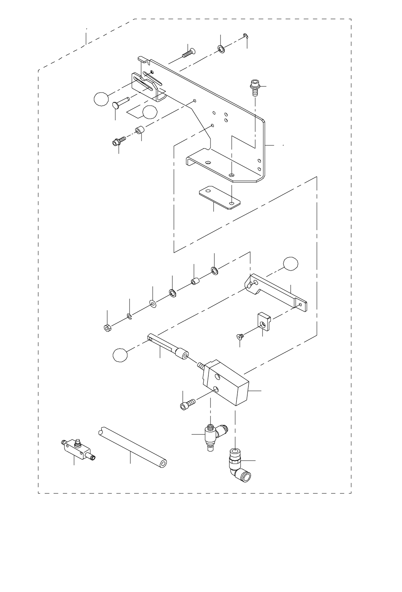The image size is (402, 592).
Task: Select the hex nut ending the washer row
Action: [107, 328]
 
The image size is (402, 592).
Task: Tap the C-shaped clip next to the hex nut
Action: [130, 317]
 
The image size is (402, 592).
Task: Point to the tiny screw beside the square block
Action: [239, 337]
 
